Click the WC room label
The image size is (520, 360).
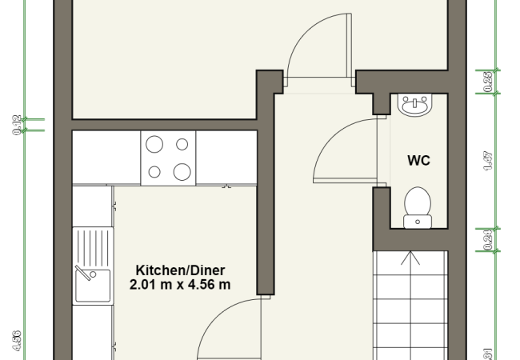point(418,161)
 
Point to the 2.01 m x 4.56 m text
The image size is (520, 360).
point(180,283)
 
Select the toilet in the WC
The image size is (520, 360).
point(416,206)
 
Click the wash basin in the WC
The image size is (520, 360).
point(414,106)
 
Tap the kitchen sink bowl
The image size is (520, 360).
point(92,286)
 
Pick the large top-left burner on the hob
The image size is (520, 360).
point(154,144)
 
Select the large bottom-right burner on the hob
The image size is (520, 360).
point(182,171)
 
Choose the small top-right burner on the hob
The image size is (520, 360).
point(182,145)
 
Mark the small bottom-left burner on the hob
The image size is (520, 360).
point(155,170)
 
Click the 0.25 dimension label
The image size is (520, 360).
point(488,81)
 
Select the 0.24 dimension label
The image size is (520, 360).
point(488,238)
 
